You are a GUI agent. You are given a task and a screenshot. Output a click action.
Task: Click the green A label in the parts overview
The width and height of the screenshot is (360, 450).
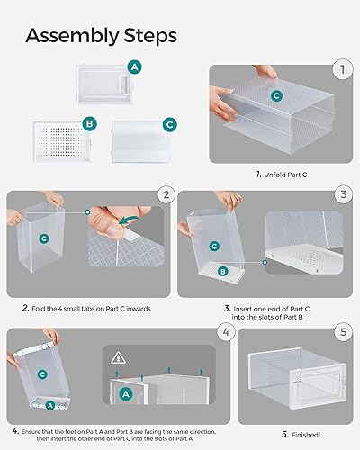pyautogui.click(x=135, y=67)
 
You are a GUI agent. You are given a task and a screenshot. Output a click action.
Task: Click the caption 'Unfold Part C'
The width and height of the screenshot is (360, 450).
pyautogui.click(x=283, y=173)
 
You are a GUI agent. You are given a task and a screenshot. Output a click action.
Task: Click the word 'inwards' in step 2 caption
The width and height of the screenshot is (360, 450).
pyautogui.click(x=145, y=307)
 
